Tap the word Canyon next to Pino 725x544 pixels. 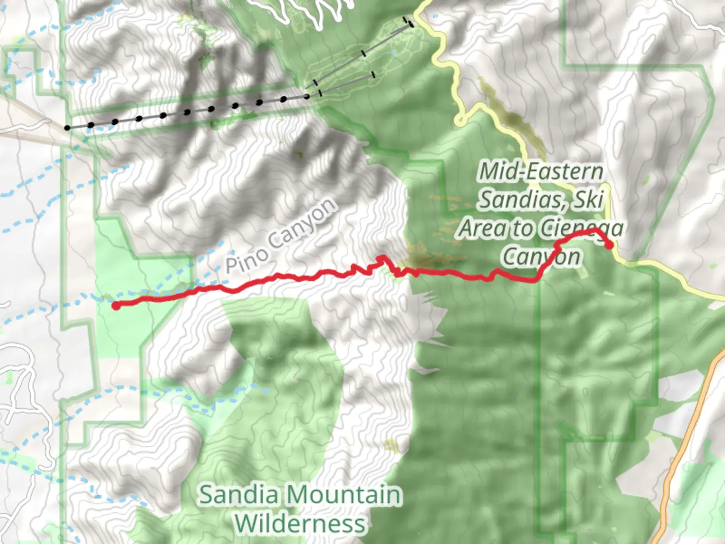[302, 225]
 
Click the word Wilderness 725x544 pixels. [300, 523]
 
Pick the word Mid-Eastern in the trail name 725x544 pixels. [541, 171]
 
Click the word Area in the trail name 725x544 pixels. [482, 229]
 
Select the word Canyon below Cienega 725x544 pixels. [541, 257]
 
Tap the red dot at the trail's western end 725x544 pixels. [116, 305]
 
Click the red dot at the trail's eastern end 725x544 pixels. [609, 245]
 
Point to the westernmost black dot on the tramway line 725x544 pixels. [67, 128]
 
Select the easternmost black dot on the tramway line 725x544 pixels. [307, 96]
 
